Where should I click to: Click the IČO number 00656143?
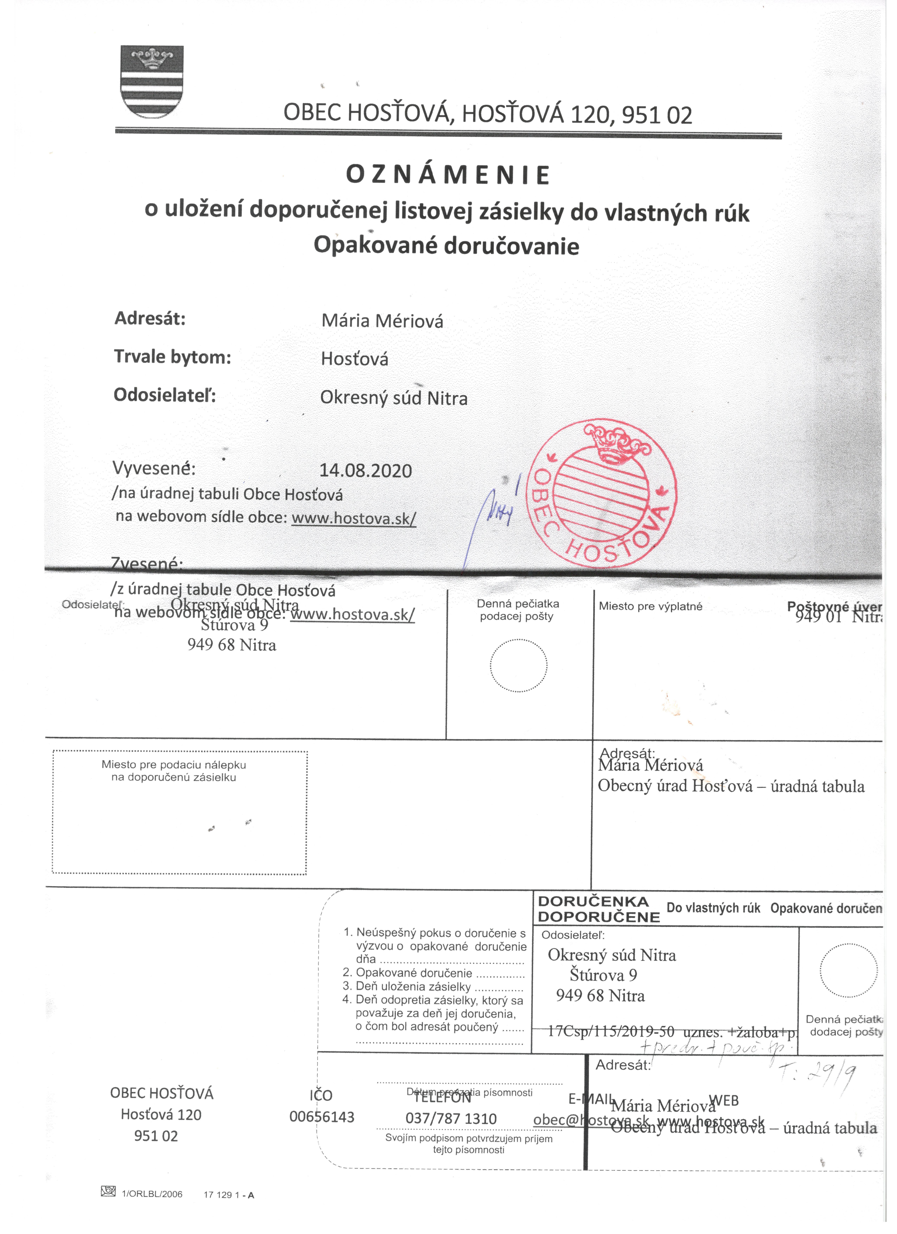pos(322,1117)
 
